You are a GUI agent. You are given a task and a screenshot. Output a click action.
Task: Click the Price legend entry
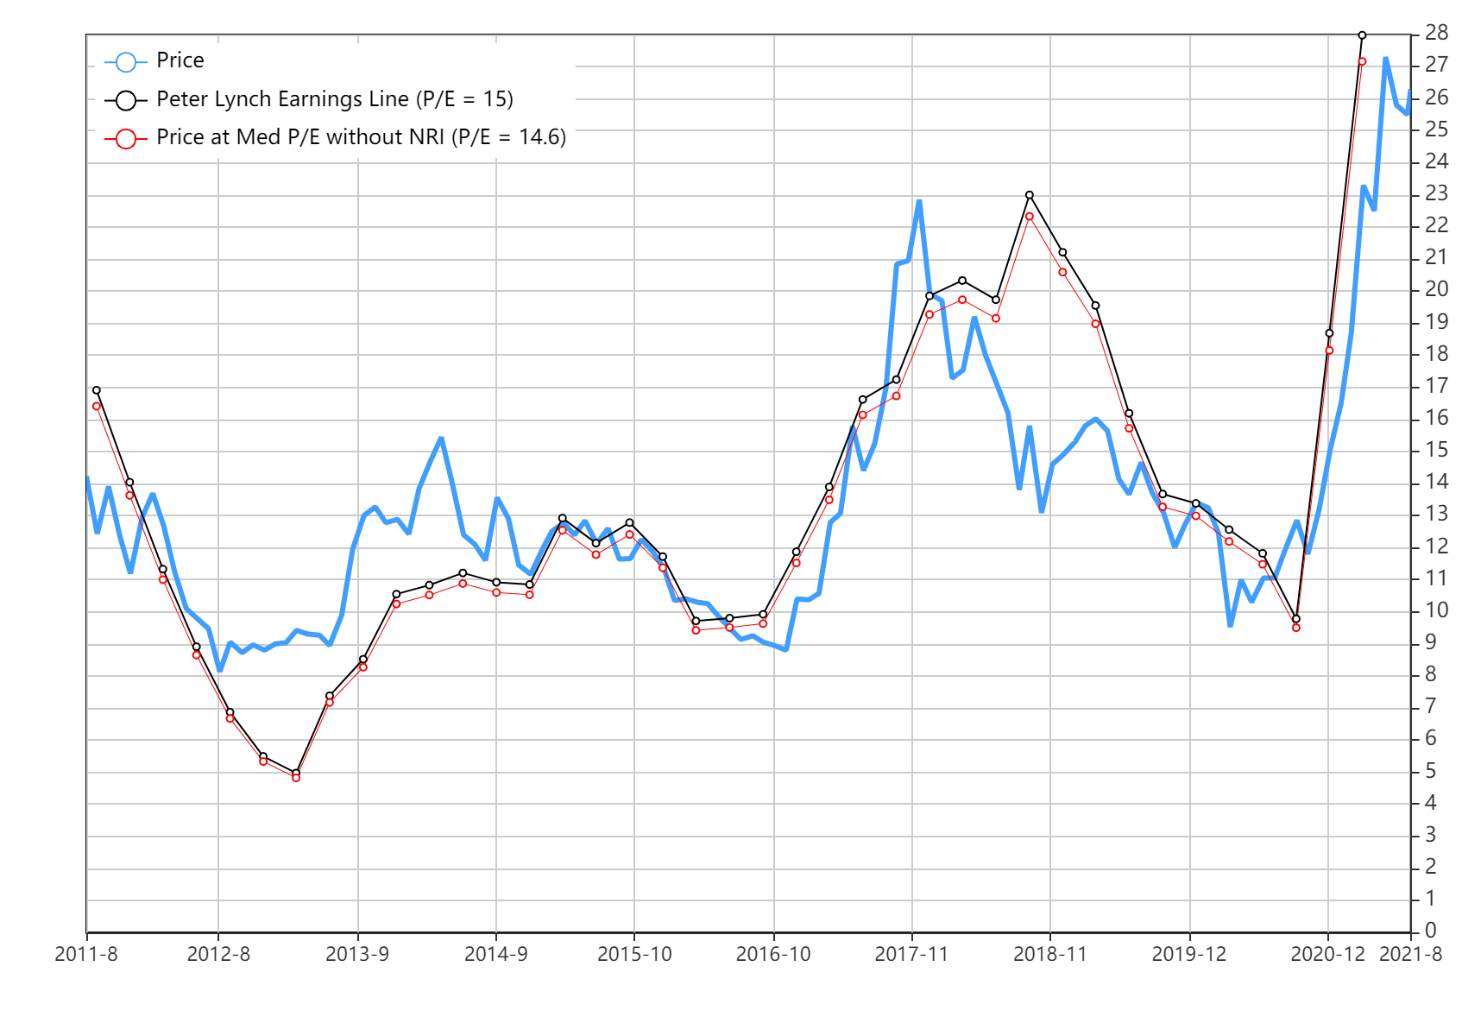(180, 61)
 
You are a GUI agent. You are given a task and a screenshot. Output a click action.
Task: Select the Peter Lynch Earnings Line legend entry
(334, 99)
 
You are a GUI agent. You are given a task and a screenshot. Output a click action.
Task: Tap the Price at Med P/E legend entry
(361, 137)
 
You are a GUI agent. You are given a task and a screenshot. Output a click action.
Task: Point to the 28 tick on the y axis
(1436, 33)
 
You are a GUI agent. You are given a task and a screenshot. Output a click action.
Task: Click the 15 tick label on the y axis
(1436, 450)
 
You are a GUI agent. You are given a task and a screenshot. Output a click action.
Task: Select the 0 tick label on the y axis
(1431, 931)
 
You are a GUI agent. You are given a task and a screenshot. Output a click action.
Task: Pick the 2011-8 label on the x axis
(86, 954)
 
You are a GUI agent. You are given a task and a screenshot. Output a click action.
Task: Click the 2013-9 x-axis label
(357, 954)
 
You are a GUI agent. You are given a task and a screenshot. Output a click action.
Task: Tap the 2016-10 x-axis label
(773, 954)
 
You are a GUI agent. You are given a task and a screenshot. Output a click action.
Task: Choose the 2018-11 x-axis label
(1050, 954)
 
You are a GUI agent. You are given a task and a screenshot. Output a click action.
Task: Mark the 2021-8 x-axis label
(1410, 954)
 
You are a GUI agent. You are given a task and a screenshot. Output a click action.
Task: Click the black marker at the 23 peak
(1030, 195)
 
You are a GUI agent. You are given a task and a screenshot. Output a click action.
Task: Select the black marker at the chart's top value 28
(1362, 35)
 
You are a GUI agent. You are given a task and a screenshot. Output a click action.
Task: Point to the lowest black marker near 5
(296, 773)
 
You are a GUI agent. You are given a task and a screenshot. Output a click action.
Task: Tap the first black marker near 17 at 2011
(97, 390)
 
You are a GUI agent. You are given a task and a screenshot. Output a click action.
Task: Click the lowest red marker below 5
(296, 778)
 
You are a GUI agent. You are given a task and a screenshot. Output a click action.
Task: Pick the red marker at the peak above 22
(1030, 217)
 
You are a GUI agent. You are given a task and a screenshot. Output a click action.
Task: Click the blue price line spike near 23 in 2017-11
(919, 202)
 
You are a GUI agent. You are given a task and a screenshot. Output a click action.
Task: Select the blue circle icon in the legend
(126, 62)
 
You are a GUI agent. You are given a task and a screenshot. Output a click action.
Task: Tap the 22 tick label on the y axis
(1436, 225)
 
